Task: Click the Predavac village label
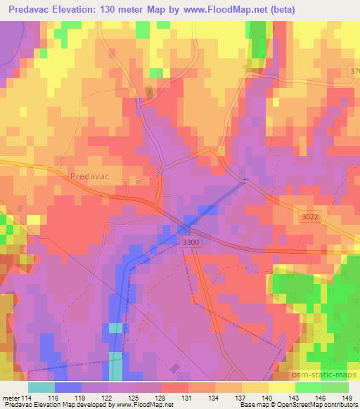pyautogui.click(x=94, y=176)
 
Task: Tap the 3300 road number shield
pyautogui.click(x=188, y=242)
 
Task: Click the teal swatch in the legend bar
pyautogui.click(x=41, y=387)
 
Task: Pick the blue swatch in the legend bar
pyautogui.click(x=67, y=387)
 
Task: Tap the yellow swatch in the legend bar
pyautogui.click(x=281, y=387)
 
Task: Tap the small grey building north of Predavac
pyautogui.click(x=148, y=92)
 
